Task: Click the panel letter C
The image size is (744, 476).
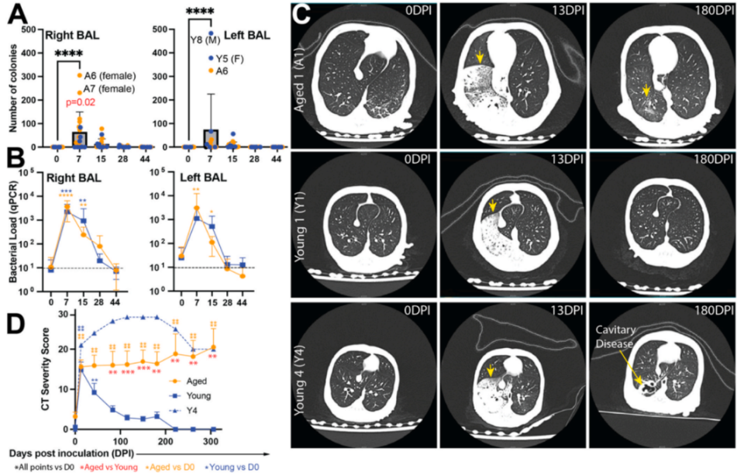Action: click(304, 13)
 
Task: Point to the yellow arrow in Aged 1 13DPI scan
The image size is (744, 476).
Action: click(480, 57)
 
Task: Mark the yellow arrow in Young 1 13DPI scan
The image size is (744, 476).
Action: click(491, 206)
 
